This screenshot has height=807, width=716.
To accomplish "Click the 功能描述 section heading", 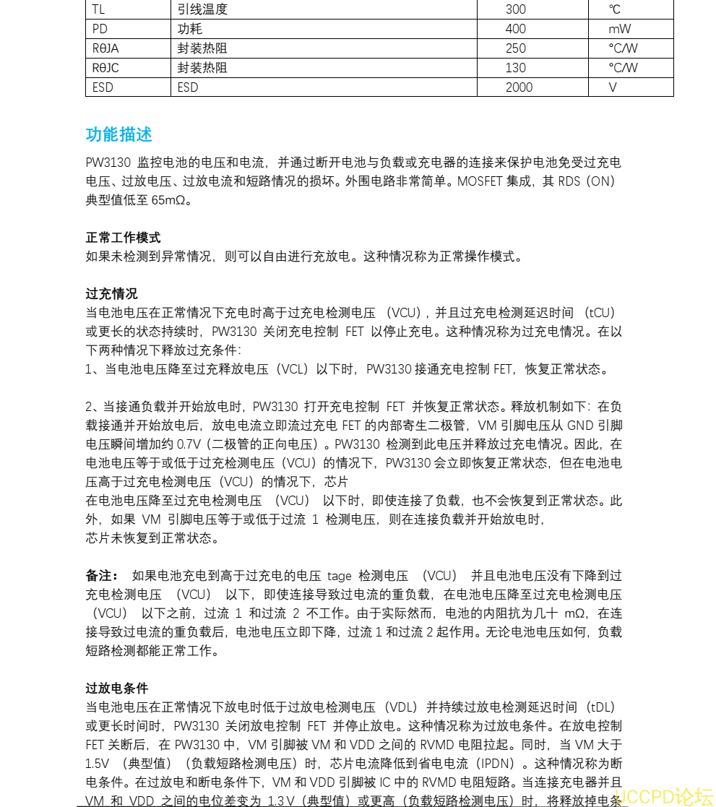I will tap(118, 135).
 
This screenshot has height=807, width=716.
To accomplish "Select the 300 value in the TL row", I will tap(516, 9).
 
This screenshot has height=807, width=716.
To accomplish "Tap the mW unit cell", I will tap(619, 29).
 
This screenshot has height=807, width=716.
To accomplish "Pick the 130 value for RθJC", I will tap(516, 68).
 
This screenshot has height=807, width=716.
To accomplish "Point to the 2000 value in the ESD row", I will tap(519, 87).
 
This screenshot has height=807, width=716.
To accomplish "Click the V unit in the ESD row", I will tap(613, 87).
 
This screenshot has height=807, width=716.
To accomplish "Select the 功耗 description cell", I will tap(190, 29).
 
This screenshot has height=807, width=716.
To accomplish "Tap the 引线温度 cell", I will tap(202, 9).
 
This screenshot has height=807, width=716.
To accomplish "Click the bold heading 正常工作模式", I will tap(123, 238).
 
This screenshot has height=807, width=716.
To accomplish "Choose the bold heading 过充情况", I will tap(111, 294).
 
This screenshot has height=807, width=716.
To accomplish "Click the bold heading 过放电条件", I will tap(117, 689).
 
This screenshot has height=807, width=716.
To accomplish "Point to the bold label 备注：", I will tap(102, 576).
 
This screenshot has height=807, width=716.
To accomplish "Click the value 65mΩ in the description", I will tap(171, 200).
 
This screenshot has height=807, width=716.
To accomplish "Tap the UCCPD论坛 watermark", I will tap(663, 796).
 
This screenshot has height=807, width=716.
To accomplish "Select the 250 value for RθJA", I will tap(516, 48).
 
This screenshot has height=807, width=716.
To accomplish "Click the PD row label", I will tap(100, 29).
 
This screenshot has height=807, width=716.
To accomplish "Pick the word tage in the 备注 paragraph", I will tap(339, 576).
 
